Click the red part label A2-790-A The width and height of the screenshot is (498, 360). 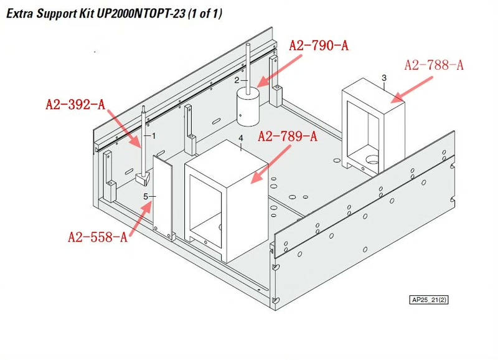pos(319,45)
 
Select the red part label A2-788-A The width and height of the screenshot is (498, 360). pos(434,65)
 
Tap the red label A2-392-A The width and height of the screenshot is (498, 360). pos(75,104)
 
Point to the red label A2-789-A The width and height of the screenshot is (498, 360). pos(288,136)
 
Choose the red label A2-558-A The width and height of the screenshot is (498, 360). pos(98,237)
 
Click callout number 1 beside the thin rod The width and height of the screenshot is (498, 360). pos(154,136)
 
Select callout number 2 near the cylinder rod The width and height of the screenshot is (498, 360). pos(237,80)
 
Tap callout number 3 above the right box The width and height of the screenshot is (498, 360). pos(384,78)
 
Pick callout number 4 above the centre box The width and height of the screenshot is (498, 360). pos(241,138)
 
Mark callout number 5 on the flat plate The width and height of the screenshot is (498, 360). pos(146,197)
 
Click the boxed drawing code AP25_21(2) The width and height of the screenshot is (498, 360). pos(429,300)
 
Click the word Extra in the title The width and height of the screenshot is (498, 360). pos(20,14)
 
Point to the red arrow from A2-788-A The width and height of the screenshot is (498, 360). pos(411,90)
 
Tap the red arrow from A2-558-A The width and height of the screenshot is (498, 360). pos(140,219)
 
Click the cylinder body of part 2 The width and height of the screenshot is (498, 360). pos(248,107)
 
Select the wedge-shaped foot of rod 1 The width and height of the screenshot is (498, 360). pos(143,179)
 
